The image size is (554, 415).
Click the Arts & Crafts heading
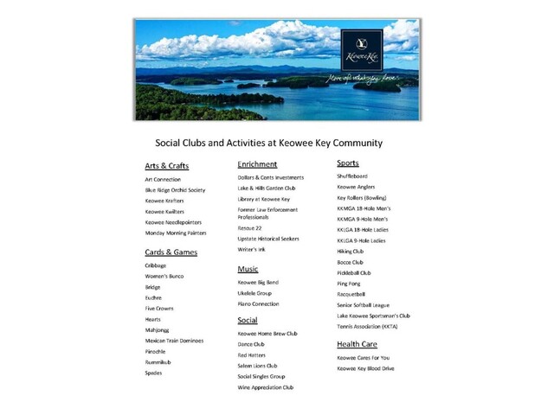pos(167,165)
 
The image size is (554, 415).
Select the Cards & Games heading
pos(171,252)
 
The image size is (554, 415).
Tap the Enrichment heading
pos(257,163)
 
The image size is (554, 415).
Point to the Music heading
pos(248,269)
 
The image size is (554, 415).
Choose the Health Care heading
pos(360,344)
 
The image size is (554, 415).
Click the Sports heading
pos(348,163)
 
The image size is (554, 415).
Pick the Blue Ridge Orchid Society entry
pos(175,189)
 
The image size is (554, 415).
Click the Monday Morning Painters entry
pos(176,233)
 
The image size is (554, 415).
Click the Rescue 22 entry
pos(251,228)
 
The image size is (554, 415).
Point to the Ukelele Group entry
pos(254,293)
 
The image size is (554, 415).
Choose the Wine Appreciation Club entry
pos(266,387)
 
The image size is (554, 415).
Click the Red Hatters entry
pos(252,354)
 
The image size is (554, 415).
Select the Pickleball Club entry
pos(354,272)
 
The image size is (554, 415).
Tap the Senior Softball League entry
pos(364,305)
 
